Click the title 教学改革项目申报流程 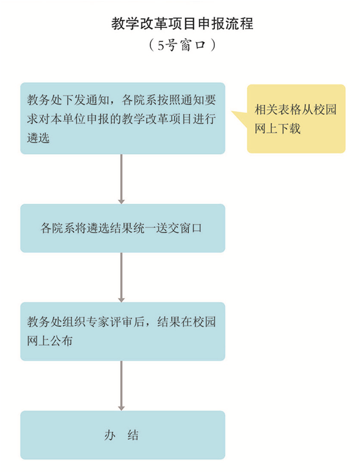[x=182, y=23]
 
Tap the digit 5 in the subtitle [x=161, y=46]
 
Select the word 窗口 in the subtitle [x=193, y=46]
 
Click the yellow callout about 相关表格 [x=296, y=119]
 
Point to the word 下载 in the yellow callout [x=289, y=129]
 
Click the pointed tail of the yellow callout [x=232, y=112]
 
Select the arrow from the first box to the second [x=121, y=179]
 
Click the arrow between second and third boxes [x=121, y=277]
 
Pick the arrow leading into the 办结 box [x=121, y=385]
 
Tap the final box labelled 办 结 [x=123, y=435]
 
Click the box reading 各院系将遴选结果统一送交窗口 [x=123, y=228]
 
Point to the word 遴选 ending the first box [x=38, y=138]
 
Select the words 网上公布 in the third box [x=50, y=341]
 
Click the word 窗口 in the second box [x=190, y=228]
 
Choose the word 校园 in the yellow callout [x=325, y=110]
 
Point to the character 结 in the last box [x=133, y=435]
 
